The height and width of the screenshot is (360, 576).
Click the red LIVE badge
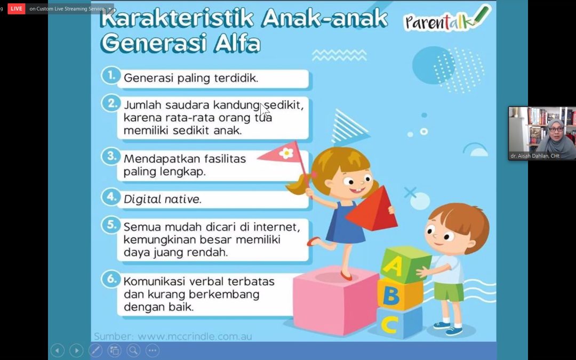(x=17, y=9)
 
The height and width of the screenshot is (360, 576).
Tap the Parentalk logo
(x=447, y=20)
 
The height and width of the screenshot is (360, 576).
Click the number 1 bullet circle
(x=110, y=75)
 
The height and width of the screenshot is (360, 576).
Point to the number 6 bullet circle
(x=110, y=279)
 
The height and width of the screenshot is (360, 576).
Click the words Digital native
(x=162, y=199)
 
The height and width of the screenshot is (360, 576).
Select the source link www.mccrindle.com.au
(x=195, y=336)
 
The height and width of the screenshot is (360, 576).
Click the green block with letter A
(x=405, y=265)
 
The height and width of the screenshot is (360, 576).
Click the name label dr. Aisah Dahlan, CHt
(x=535, y=156)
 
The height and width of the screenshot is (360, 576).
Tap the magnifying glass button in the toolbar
(x=133, y=350)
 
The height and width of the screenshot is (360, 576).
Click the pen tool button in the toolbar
(x=95, y=350)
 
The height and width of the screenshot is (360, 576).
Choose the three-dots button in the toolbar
(x=153, y=350)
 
